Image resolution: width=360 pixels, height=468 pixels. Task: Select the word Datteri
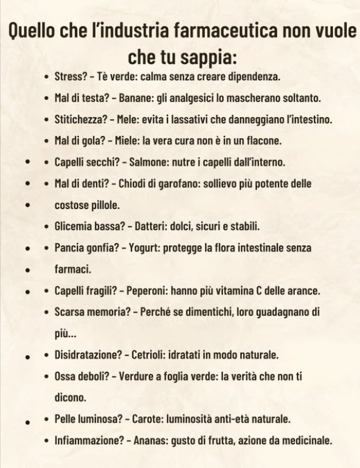point(148,226)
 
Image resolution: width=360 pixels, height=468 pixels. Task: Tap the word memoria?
point(109,312)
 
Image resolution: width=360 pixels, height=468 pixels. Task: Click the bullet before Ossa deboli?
point(46,377)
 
